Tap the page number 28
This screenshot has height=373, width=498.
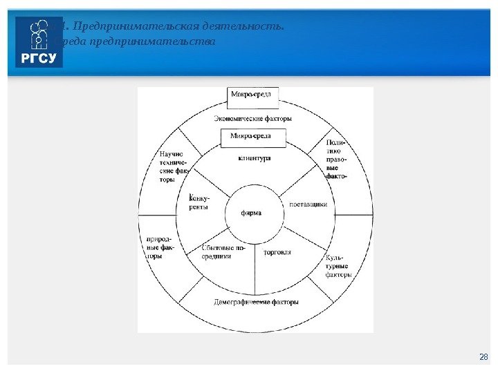click(x=483, y=356)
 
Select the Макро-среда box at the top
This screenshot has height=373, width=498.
click(x=255, y=94)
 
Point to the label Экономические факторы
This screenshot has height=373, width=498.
click(x=252, y=118)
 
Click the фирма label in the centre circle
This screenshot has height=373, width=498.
click(x=251, y=213)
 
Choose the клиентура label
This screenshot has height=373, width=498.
click(x=254, y=158)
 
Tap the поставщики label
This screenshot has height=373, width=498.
click(x=307, y=204)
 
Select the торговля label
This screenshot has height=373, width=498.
click(x=278, y=252)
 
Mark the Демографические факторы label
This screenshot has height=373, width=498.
click(x=256, y=303)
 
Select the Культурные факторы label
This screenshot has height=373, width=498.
click(x=338, y=266)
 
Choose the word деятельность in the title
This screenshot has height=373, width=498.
click(x=242, y=27)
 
